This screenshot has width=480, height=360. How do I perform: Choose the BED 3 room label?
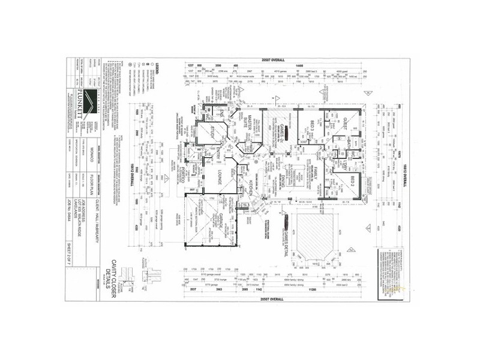(x=311, y=127)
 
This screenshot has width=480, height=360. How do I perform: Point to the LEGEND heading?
(x=157, y=65)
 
